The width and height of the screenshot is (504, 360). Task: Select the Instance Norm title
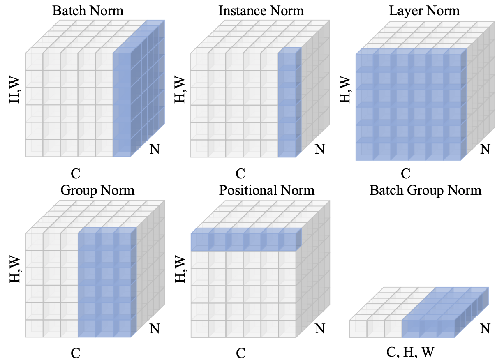261,10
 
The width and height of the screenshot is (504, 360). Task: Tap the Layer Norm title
424,10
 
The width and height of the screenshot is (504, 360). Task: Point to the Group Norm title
97,190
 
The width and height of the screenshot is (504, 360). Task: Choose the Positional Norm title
267,190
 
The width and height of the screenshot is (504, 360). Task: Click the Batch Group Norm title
425,190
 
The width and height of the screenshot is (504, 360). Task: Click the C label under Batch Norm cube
75,174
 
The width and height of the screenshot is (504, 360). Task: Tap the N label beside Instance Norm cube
319,148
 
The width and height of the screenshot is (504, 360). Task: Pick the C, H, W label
410,352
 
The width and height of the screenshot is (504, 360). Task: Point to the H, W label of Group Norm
15,270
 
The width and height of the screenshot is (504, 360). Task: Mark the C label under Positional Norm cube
240,353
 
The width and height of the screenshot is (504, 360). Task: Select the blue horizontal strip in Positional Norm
246,242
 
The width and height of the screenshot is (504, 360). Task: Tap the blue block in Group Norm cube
107,284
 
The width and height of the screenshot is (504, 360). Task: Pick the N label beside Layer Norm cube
485,148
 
